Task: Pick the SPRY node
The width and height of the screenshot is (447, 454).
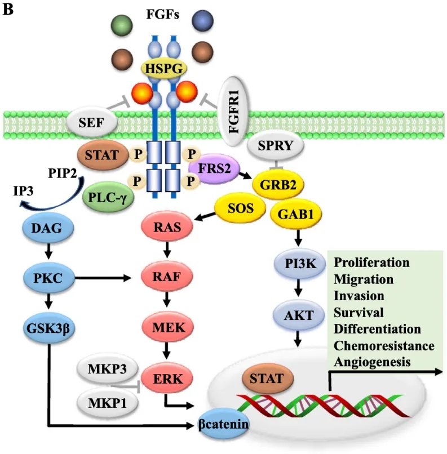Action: (x=275, y=145)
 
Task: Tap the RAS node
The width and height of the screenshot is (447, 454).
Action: (x=167, y=228)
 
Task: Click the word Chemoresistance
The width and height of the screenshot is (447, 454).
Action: (x=384, y=345)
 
